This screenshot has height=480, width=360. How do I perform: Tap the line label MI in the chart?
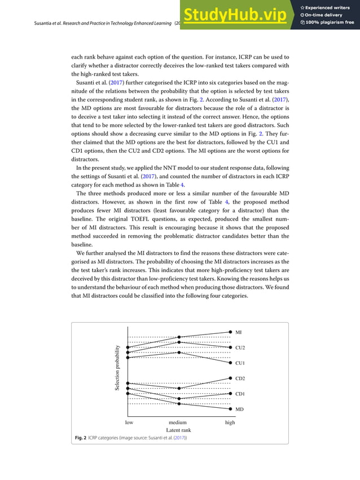239,333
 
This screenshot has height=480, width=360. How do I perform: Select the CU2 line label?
240,348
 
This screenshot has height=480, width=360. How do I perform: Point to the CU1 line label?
240,363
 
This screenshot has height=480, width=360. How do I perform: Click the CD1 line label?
240,394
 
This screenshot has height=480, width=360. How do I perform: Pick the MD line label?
239,409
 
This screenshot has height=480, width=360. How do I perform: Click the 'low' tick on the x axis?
129,422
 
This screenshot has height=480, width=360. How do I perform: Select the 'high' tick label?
230,422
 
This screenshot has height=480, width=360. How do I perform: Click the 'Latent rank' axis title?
178,430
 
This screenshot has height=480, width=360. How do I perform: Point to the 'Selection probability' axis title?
117,368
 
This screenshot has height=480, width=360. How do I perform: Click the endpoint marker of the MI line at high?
230,332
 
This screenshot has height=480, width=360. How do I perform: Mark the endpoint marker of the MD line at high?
230,408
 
